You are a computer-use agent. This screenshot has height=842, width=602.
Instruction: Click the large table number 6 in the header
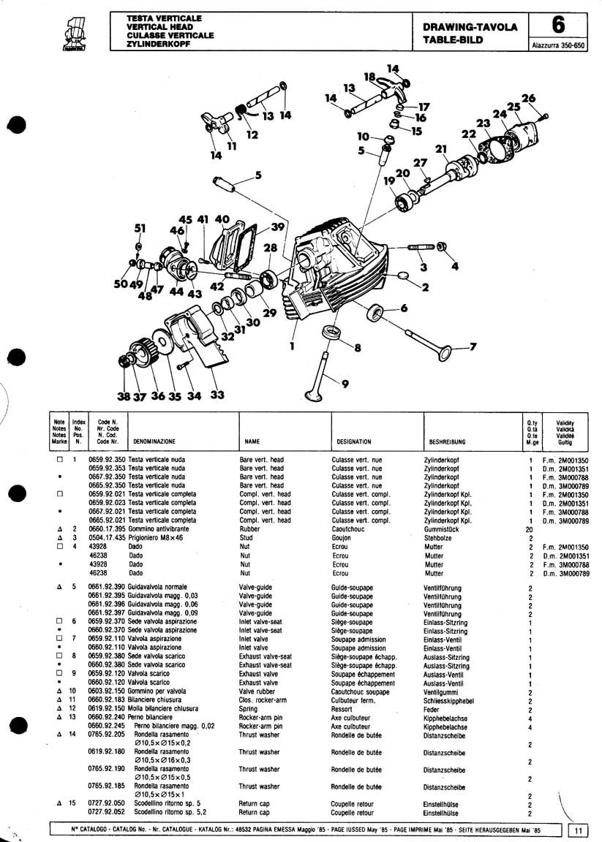point(558,26)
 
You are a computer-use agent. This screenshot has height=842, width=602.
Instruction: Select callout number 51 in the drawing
point(140,228)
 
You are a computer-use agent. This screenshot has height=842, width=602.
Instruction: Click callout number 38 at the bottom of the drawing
point(124,397)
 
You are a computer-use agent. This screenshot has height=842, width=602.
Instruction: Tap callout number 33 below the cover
point(217,395)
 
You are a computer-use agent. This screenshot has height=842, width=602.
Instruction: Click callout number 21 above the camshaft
point(440,151)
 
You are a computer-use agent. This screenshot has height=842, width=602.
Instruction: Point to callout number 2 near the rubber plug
point(424,286)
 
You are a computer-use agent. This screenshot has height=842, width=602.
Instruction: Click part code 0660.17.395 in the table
point(107,528)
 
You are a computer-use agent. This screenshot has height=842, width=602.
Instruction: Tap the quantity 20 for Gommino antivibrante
point(529,528)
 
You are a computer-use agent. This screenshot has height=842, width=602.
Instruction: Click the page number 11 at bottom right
point(578,830)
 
